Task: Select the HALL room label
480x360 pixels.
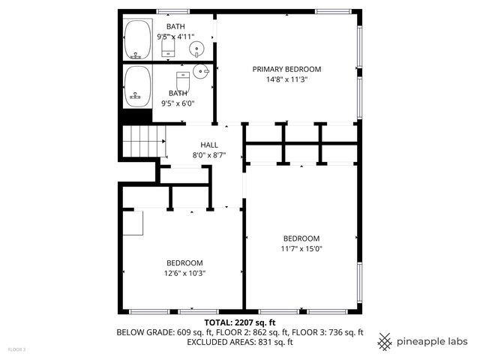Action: [209, 145]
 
